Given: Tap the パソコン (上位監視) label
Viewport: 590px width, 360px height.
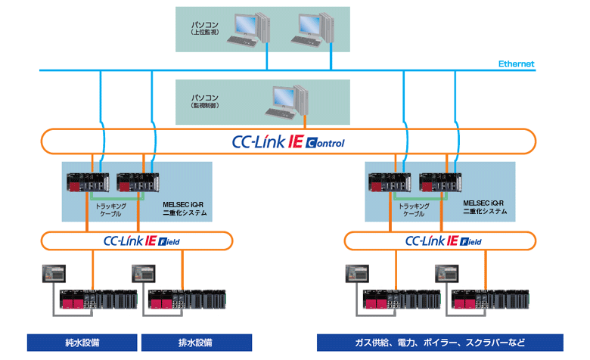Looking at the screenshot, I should [205, 29].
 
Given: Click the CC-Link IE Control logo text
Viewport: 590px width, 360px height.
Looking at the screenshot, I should [287, 141].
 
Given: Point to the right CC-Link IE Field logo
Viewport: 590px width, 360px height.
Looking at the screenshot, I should [443, 241].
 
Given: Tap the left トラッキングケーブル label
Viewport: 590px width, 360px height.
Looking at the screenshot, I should [110, 209].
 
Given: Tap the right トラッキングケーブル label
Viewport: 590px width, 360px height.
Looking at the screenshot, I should [413, 209].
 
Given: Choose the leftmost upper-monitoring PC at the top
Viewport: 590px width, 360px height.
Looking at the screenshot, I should [247, 29].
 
